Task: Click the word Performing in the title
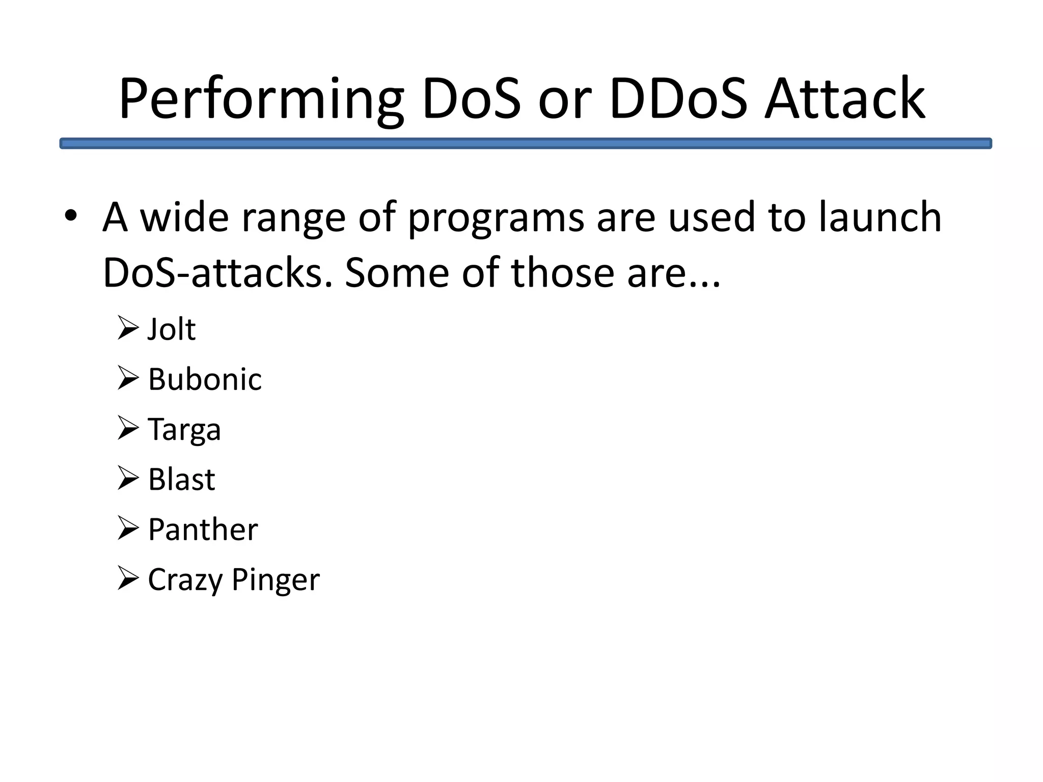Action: (261, 99)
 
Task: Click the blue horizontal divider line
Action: (526, 144)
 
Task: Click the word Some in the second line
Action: (397, 273)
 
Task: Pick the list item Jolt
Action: (172, 329)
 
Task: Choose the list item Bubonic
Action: (205, 379)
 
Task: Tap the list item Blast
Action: (182, 480)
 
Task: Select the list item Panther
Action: (203, 529)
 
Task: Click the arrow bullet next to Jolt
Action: (127, 328)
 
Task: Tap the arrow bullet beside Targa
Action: (127, 428)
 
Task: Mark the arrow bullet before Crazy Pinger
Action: (127, 578)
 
